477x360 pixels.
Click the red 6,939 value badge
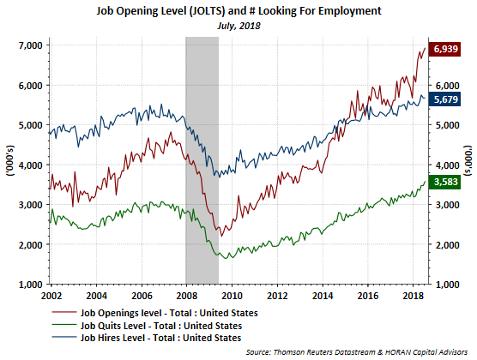tap(444, 49)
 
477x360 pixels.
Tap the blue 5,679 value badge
tap(444, 99)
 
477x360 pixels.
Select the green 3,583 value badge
tap(444, 182)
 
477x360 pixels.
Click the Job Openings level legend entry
tap(154, 313)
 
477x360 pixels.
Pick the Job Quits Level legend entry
tap(147, 326)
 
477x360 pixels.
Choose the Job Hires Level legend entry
tap(147, 338)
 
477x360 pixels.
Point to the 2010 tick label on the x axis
tap(232, 296)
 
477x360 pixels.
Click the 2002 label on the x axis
tap(51, 296)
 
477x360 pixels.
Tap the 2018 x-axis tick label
tap(414, 296)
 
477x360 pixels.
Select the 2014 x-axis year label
tap(323, 296)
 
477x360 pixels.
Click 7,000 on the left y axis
tap(30, 45)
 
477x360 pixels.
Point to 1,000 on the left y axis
tap(30, 285)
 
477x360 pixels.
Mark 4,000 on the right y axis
tap(447, 165)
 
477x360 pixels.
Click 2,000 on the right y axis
tap(447, 245)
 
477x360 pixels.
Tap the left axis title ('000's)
tap(10, 160)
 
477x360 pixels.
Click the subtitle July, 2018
tap(238, 26)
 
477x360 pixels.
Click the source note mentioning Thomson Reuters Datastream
tap(357, 352)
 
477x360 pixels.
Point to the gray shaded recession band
tap(202, 160)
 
